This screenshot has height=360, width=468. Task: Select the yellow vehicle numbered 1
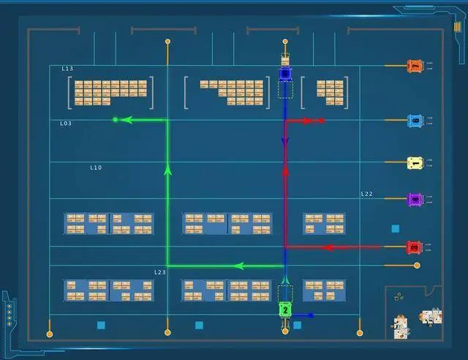tap(415, 162)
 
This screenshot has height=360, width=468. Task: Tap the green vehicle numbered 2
tap(285, 310)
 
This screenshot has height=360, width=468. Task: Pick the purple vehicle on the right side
tap(415, 199)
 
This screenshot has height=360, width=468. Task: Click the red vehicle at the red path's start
tap(414, 247)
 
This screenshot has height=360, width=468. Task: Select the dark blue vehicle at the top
tap(285, 73)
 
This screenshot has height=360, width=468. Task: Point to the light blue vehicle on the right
tap(415, 120)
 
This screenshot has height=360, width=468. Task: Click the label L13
tap(67, 69)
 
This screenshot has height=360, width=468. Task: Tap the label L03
tap(66, 124)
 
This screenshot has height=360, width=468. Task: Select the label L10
tap(96, 168)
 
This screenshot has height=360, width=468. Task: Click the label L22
tap(366, 194)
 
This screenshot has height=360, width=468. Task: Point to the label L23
tap(159, 272)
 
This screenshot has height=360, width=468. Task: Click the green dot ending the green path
tap(115, 119)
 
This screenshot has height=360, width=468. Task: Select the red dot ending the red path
tap(322, 120)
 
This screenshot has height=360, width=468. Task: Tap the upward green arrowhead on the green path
tap(167, 170)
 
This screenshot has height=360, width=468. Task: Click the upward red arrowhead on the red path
tap(285, 168)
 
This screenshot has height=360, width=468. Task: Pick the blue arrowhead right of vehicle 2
tap(310, 315)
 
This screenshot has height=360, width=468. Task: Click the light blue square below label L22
tap(396, 229)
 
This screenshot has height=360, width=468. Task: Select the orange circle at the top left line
tap(167, 42)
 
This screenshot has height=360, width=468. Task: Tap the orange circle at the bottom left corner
tap(50, 334)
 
